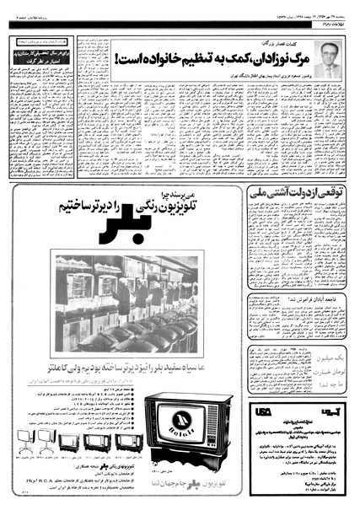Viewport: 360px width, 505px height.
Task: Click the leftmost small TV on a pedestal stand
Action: pos(39,438)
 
